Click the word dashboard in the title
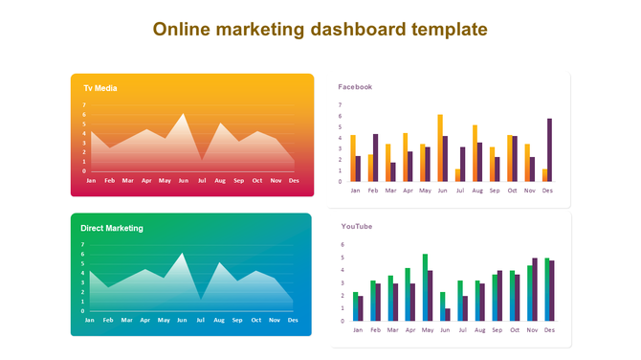click(357, 29)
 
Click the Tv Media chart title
click(100, 88)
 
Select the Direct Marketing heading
click(112, 228)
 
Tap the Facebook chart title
click(355, 87)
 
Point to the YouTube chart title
click(357, 227)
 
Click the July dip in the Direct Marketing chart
click(201, 299)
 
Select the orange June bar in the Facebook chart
click(440, 148)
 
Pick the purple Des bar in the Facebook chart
click(549, 150)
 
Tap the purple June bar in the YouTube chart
click(447, 314)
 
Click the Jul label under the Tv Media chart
click(201, 180)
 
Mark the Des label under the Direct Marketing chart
click(293, 320)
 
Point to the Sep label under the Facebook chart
click(495, 191)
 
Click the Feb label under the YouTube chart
click(374, 330)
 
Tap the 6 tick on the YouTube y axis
click(343, 244)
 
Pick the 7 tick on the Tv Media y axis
click(84, 104)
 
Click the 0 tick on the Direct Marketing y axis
click(83, 311)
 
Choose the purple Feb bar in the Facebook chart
click(375, 158)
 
